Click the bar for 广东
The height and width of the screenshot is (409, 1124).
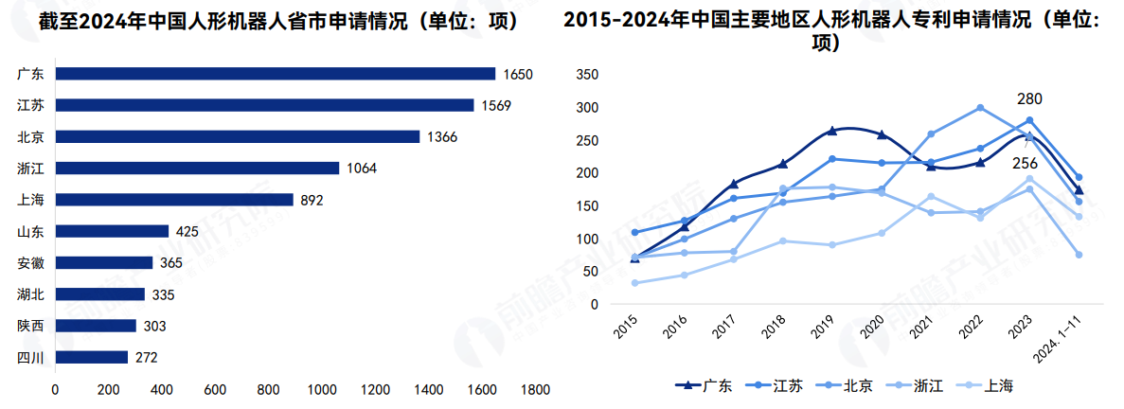point(275,74)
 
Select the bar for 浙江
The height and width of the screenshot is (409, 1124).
point(197,168)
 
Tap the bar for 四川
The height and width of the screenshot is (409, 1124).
point(91,357)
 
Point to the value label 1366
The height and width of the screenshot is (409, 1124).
point(441,137)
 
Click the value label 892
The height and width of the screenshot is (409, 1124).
point(312,200)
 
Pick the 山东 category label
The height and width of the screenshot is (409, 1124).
point(29,231)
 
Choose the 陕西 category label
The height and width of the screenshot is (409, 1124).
point(29,326)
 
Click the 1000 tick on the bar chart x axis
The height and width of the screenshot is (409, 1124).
point(322,389)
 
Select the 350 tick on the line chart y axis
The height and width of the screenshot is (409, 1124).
point(587,75)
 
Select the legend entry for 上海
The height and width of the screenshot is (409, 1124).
point(990,385)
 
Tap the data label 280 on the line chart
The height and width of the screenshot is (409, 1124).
point(1029,98)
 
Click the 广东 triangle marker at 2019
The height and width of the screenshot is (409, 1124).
point(831,131)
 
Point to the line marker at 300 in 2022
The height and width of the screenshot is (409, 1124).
point(980,108)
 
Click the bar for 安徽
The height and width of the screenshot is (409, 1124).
point(103,262)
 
